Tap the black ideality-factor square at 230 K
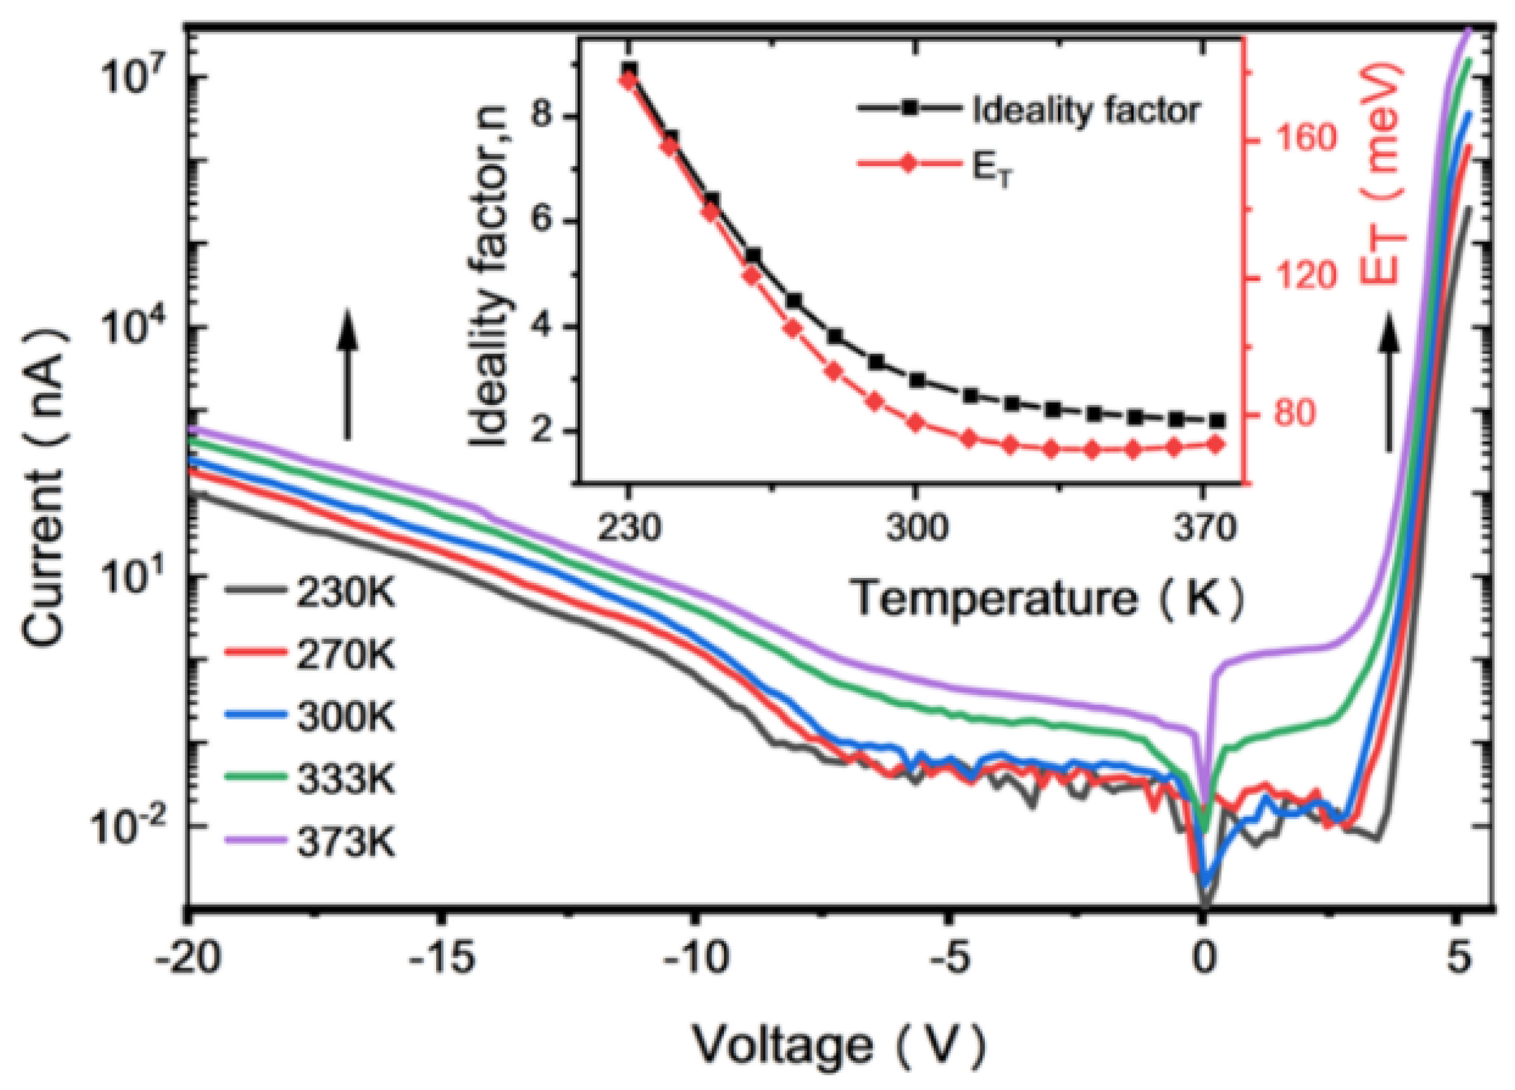click(629, 70)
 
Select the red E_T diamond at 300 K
click(916, 422)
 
